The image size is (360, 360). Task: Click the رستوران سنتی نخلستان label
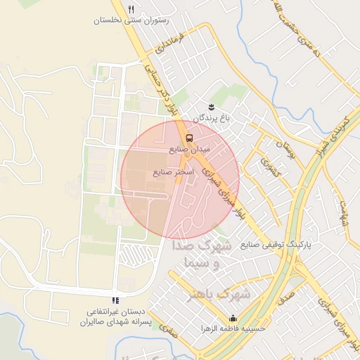click(x=131, y=21)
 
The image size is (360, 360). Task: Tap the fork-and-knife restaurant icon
click(x=131, y=8)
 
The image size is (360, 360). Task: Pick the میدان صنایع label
click(x=190, y=149)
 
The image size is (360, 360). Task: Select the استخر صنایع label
click(x=172, y=172)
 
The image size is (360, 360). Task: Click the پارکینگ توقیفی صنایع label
click(x=276, y=245)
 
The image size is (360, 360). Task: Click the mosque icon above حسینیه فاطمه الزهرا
click(x=233, y=318)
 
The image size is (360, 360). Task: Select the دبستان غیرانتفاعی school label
click(x=115, y=316)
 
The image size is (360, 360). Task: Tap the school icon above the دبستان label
click(x=115, y=301)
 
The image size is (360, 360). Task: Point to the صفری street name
click(x=165, y=328)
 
